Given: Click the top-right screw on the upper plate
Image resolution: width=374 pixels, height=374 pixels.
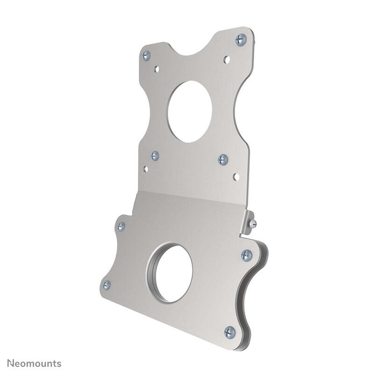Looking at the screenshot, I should [241, 39].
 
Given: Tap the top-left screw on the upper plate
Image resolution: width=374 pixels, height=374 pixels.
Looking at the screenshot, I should [146, 55].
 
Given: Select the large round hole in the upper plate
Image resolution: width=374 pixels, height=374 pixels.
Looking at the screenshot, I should [189, 112].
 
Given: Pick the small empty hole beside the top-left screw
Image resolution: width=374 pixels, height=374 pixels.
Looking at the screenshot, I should [157, 69].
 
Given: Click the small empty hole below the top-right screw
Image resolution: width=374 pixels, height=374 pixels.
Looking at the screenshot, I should [227, 59].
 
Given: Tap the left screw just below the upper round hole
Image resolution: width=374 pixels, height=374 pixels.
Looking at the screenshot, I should [155, 156].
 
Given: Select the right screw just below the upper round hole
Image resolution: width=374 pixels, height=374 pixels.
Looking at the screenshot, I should [223, 159].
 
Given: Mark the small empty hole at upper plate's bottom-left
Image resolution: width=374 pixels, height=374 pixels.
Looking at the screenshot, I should [145, 169].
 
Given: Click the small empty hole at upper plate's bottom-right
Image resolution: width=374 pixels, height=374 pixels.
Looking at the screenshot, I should [236, 177].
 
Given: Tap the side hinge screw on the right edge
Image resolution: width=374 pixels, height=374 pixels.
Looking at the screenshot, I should [253, 223].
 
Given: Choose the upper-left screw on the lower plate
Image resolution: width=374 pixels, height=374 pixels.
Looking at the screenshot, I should [121, 227].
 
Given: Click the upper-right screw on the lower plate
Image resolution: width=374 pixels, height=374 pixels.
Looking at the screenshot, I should [246, 255].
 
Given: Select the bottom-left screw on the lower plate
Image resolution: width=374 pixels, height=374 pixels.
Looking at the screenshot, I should [107, 285].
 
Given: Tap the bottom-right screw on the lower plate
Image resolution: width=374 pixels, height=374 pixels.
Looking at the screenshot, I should [230, 332].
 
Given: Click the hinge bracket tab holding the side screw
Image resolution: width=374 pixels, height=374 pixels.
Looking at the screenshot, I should [247, 222].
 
